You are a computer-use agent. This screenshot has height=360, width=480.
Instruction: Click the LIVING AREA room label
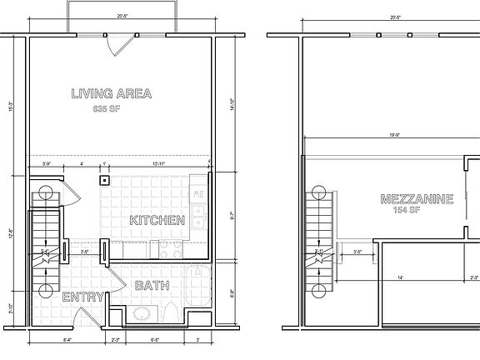pyautogui.click(x=111, y=94)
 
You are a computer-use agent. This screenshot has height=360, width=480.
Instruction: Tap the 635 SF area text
pyautogui.click(x=111, y=108)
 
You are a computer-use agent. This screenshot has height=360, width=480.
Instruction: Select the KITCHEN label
pyautogui.click(x=157, y=221)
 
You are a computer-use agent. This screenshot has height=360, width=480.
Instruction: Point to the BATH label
pyautogui.click(x=152, y=286)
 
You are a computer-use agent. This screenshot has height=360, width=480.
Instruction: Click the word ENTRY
pyautogui.click(x=82, y=297)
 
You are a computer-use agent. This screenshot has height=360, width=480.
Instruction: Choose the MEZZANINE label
pyautogui.click(x=416, y=199)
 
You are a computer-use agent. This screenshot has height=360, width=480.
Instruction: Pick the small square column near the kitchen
pyautogui.click(x=104, y=180)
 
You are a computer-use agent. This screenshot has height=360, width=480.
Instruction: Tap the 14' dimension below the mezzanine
pyautogui.click(x=399, y=278)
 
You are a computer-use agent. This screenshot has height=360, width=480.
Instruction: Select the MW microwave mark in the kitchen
pyautogui.click(x=197, y=195)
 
